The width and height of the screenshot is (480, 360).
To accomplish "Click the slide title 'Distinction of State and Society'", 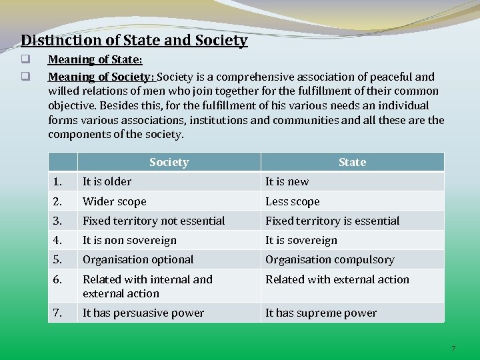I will click(x=134, y=41).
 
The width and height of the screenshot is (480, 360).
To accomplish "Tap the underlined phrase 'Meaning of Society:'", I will click(x=101, y=76).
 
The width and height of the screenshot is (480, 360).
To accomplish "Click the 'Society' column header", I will click(x=169, y=162).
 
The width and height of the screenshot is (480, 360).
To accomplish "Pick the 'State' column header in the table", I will click(x=352, y=162).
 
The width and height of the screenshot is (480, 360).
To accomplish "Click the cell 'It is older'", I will click(x=107, y=181).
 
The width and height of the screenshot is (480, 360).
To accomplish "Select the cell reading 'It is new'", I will click(x=287, y=181).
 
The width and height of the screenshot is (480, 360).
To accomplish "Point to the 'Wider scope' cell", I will click(x=114, y=201).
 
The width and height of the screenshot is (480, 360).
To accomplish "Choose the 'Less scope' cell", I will click(x=293, y=201).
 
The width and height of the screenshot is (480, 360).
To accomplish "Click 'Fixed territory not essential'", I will click(x=154, y=221).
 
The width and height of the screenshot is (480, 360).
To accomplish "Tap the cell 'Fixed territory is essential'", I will click(x=333, y=221).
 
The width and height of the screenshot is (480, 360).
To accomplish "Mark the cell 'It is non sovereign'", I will click(x=130, y=240).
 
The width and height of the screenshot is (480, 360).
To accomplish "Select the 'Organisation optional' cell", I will click(x=138, y=259).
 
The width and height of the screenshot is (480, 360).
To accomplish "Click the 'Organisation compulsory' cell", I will click(x=330, y=259).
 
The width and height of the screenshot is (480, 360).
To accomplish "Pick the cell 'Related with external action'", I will click(x=337, y=279).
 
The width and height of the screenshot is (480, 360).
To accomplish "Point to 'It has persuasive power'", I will click(x=143, y=313).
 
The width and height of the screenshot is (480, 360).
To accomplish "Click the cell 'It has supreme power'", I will click(x=321, y=313).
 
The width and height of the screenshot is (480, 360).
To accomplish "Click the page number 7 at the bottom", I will click(x=453, y=349).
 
